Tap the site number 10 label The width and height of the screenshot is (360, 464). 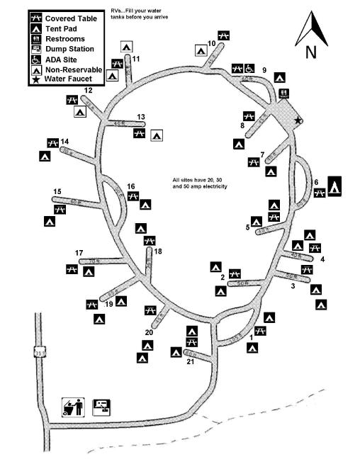pyautogui.click(x=211, y=43)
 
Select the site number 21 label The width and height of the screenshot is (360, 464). pyautogui.click(x=190, y=363)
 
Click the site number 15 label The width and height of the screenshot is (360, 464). pyautogui.click(x=57, y=191)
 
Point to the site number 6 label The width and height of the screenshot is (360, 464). pyautogui.click(x=316, y=181)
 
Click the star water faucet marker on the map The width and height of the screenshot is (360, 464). pyautogui.click(x=299, y=120)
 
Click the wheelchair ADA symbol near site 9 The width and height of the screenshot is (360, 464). pyautogui.click(x=250, y=68)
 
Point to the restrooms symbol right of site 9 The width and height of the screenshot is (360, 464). pyautogui.click(x=283, y=93)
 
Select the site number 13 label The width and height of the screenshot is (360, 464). pyautogui.click(x=141, y=117)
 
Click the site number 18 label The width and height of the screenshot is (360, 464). pyautogui.click(x=157, y=251)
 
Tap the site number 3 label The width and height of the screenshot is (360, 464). pyautogui.click(x=293, y=286)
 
